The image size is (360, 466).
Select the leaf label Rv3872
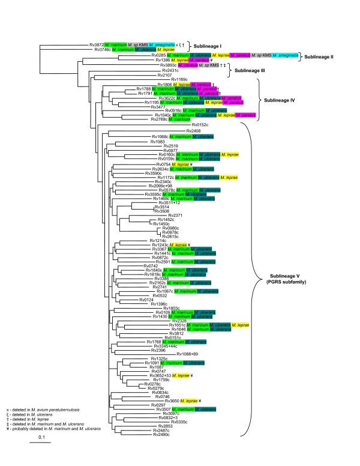click(97, 44)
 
